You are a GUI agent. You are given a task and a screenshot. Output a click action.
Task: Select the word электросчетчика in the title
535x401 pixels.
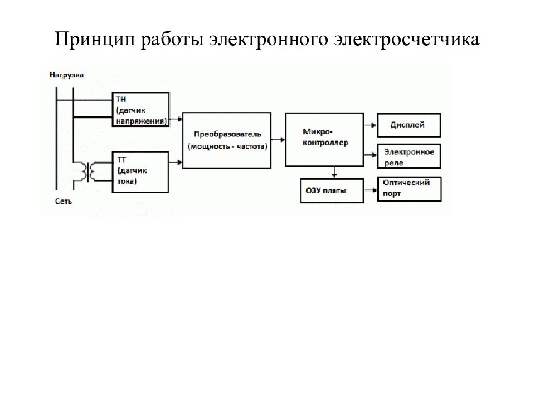407,39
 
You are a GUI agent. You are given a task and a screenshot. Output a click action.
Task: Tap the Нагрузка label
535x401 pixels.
66,75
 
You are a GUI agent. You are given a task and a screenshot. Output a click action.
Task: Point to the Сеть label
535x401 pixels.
64,202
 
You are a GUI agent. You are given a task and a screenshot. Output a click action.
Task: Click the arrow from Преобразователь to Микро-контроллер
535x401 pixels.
278,140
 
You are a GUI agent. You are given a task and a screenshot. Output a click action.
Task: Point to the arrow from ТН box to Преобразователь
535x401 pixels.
176,119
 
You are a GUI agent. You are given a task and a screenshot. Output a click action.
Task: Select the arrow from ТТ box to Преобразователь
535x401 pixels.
176,162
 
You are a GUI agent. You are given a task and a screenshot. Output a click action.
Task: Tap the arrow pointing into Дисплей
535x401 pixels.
371,125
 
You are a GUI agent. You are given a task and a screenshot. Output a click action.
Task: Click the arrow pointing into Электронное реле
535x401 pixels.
371,155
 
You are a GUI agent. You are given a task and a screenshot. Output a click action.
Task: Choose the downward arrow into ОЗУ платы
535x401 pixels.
334,172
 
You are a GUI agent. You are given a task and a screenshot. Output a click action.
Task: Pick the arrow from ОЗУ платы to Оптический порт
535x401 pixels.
371,190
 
